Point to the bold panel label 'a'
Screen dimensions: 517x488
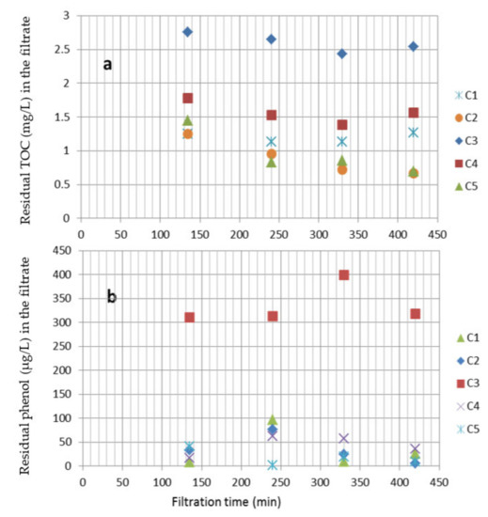(109, 64)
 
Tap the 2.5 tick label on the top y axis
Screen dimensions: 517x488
(66, 49)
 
